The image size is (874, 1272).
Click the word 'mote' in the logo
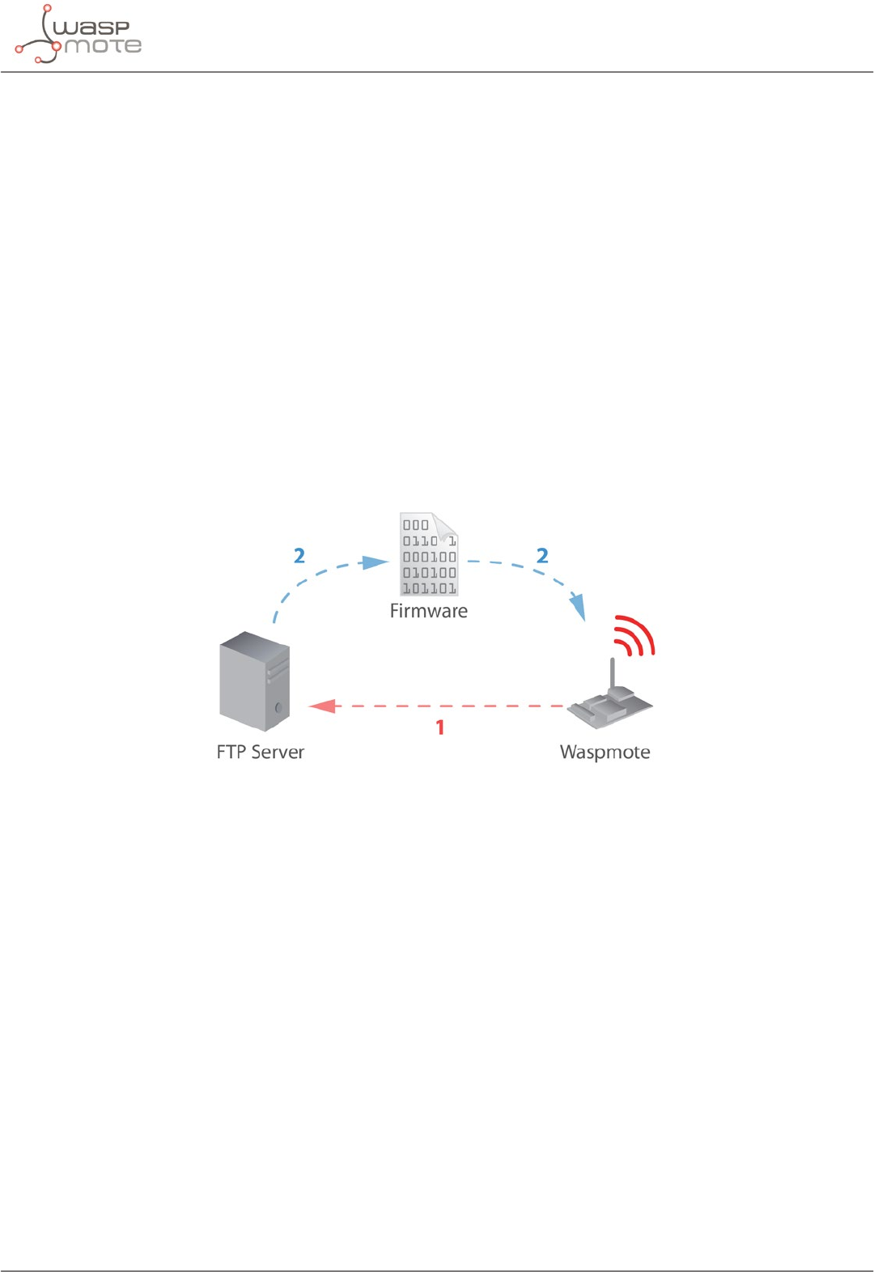103,46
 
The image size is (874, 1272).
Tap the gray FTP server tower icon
254,681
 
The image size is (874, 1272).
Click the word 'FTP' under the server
231,752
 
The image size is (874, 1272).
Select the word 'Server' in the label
277,752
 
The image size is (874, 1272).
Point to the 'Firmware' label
428,611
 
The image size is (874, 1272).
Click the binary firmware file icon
429,555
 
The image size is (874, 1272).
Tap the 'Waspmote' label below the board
605,752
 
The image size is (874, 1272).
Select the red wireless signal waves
635,635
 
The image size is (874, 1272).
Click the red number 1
440,727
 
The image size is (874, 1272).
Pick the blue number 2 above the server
299,556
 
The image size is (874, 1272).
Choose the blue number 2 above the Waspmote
542,556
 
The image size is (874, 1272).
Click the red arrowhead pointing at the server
323,706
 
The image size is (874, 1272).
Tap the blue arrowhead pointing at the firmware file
375,562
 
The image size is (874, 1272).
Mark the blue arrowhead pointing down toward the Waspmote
578,608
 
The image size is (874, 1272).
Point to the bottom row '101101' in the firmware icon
430,588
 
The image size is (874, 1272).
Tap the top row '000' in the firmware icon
416,525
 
